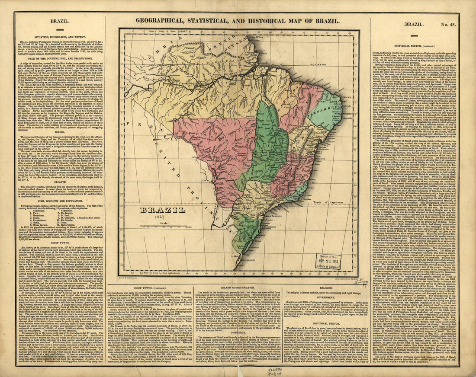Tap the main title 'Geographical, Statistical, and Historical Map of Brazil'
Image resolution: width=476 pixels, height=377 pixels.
click(x=238, y=20)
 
